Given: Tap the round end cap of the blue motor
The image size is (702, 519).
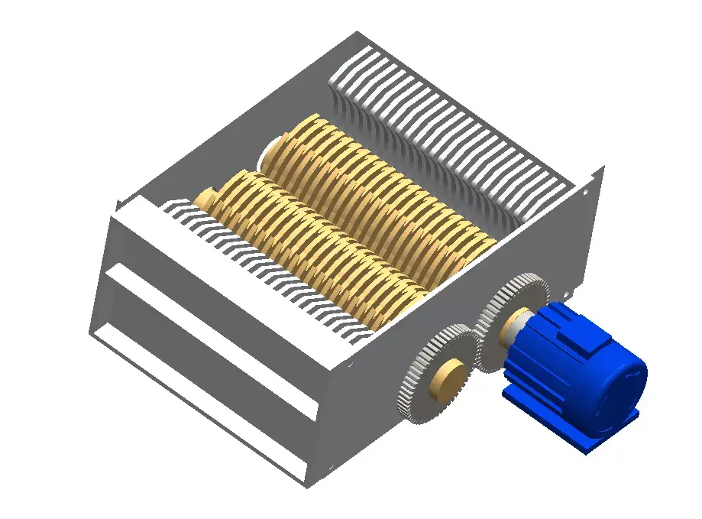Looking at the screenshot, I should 623,386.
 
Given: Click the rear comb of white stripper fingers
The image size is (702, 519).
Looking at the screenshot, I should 451,130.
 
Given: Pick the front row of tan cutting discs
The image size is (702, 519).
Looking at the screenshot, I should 313,245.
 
